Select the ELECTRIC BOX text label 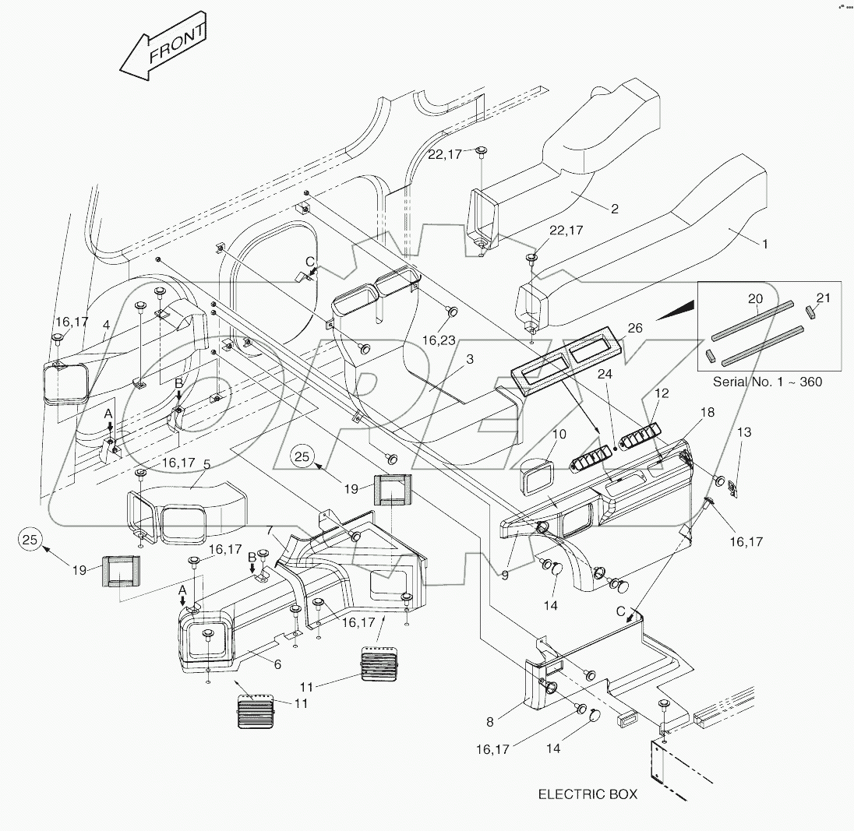[588, 794]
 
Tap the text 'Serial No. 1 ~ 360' [768, 382]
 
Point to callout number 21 [824, 298]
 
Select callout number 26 [635, 328]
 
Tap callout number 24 [605, 418]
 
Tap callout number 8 [489, 723]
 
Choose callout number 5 [206, 464]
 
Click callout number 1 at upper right [764, 244]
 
